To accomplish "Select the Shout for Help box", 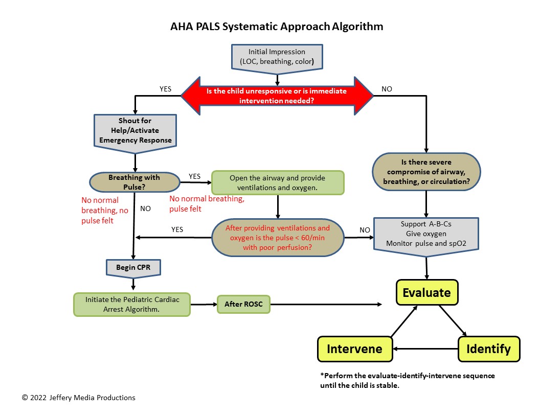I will tap(135, 131).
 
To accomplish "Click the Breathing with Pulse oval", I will tap(134, 181).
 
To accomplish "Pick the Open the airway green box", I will tap(278, 183).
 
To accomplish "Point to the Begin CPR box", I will tap(133, 267).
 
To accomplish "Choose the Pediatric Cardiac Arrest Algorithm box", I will tap(132, 304).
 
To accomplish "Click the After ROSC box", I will tap(243, 305).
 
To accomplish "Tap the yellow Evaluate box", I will tap(426, 293).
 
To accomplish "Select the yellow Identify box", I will tap(488, 349).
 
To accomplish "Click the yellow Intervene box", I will tap(354, 349).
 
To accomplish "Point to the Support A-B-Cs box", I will tap(426, 234).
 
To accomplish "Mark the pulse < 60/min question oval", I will tap(278, 238).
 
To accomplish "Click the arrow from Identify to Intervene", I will tap(425, 349).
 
